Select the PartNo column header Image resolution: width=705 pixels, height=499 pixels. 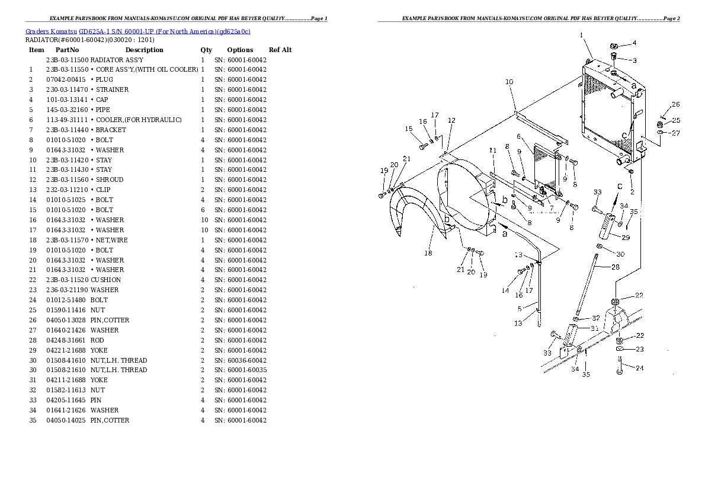coord(67,50)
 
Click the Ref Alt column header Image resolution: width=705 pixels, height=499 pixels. coord(280,50)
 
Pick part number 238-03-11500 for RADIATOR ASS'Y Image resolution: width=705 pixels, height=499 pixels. coord(67,60)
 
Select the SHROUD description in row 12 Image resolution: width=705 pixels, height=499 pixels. coord(110,180)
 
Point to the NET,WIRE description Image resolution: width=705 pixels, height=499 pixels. coord(111,240)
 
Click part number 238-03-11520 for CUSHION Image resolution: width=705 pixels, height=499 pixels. coord(67,280)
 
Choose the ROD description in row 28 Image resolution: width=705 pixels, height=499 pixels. coord(97,341)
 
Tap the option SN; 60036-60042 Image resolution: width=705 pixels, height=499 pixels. coord(241,360)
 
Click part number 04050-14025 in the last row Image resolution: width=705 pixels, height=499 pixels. coord(67,420)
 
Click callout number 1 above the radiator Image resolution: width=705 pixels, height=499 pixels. coord(582,36)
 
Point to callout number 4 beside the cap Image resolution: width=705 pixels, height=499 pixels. coord(634,43)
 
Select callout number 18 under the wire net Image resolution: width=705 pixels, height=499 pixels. coord(428,254)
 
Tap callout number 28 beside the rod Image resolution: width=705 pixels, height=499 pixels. coord(616,267)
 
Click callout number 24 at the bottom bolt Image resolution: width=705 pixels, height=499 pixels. coord(640,368)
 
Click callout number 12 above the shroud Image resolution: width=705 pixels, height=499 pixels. coord(451,120)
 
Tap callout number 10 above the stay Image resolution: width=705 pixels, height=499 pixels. coord(509,82)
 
